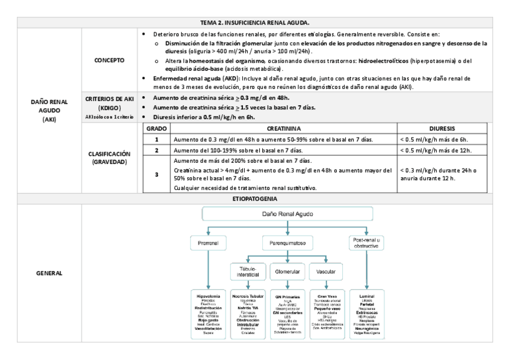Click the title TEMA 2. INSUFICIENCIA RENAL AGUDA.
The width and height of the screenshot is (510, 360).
tap(254, 23)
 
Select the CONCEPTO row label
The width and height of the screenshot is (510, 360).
tap(109, 60)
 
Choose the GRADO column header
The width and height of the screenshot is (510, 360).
tap(157, 128)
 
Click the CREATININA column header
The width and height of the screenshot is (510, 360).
tap(284, 128)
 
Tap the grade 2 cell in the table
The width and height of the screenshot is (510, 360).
tap(157, 150)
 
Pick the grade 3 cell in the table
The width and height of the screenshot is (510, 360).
tap(157, 174)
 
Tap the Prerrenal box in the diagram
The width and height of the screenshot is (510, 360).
tap(207, 243)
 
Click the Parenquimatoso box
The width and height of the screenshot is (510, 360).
tap(287, 243)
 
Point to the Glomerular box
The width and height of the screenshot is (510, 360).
tap(287, 272)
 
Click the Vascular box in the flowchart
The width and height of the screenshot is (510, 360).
tap(325, 272)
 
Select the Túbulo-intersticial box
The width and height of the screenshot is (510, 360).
tap(247, 272)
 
